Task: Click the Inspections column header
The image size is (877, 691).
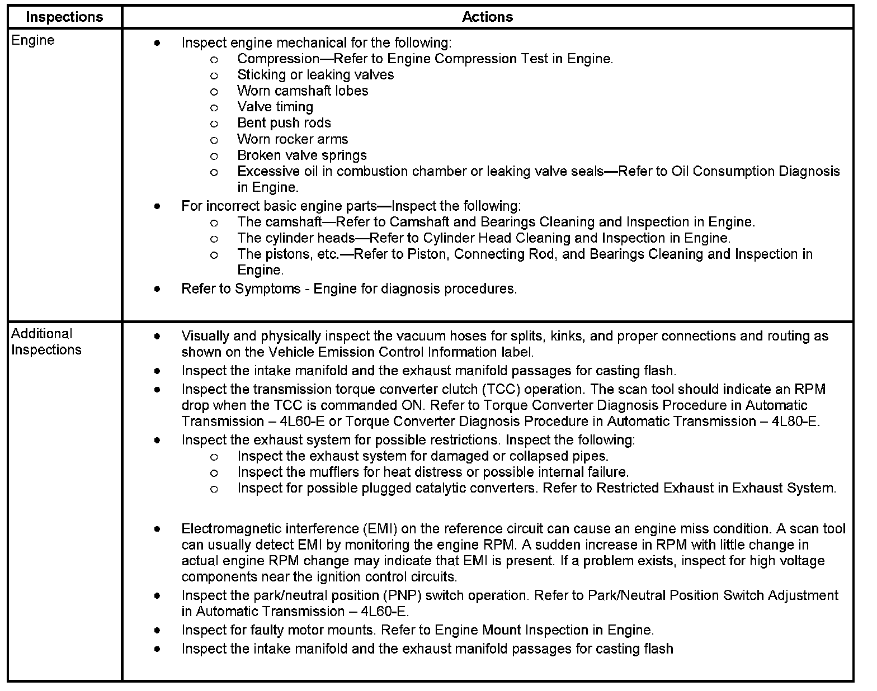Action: click(64, 17)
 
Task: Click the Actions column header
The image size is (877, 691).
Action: click(487, 17)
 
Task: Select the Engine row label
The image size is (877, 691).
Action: click(33, 40)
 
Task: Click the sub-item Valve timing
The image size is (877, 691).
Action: click(275, 107)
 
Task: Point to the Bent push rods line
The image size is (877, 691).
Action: click(284, 123)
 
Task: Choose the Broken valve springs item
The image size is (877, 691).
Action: click(302, 155)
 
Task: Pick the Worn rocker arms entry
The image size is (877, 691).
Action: click(293, 139)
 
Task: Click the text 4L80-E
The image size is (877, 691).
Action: click(795, 422)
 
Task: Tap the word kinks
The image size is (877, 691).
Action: click(567, 337)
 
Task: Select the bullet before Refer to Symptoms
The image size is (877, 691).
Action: click(158, 289)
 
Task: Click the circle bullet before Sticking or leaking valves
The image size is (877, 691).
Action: click(214, 75)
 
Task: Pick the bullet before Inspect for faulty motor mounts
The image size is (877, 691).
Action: click(158, 631)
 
